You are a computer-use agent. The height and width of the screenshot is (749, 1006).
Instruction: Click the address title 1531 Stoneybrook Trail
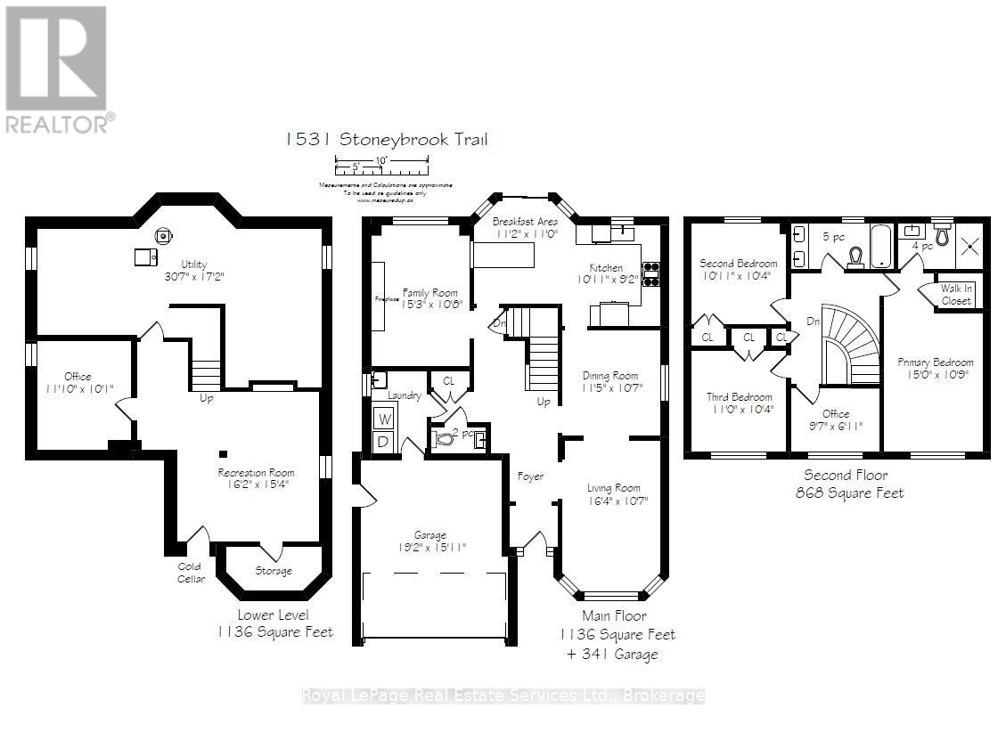386,140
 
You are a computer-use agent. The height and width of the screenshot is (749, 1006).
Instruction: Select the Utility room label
193,264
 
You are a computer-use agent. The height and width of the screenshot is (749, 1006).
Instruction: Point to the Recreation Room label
256,473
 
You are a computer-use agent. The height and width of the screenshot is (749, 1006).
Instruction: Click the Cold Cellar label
189,573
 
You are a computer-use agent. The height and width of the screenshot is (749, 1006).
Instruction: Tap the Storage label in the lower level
273,571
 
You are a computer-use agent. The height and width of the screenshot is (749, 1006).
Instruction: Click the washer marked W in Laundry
386,418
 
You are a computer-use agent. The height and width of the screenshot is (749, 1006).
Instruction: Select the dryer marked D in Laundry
386,441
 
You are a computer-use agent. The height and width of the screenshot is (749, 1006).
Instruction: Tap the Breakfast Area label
525,221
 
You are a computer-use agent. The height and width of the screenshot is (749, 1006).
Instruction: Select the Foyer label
531,476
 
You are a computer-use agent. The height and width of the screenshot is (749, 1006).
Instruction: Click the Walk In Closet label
956,295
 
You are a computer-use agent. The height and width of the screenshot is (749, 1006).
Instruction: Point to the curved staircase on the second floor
847,347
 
